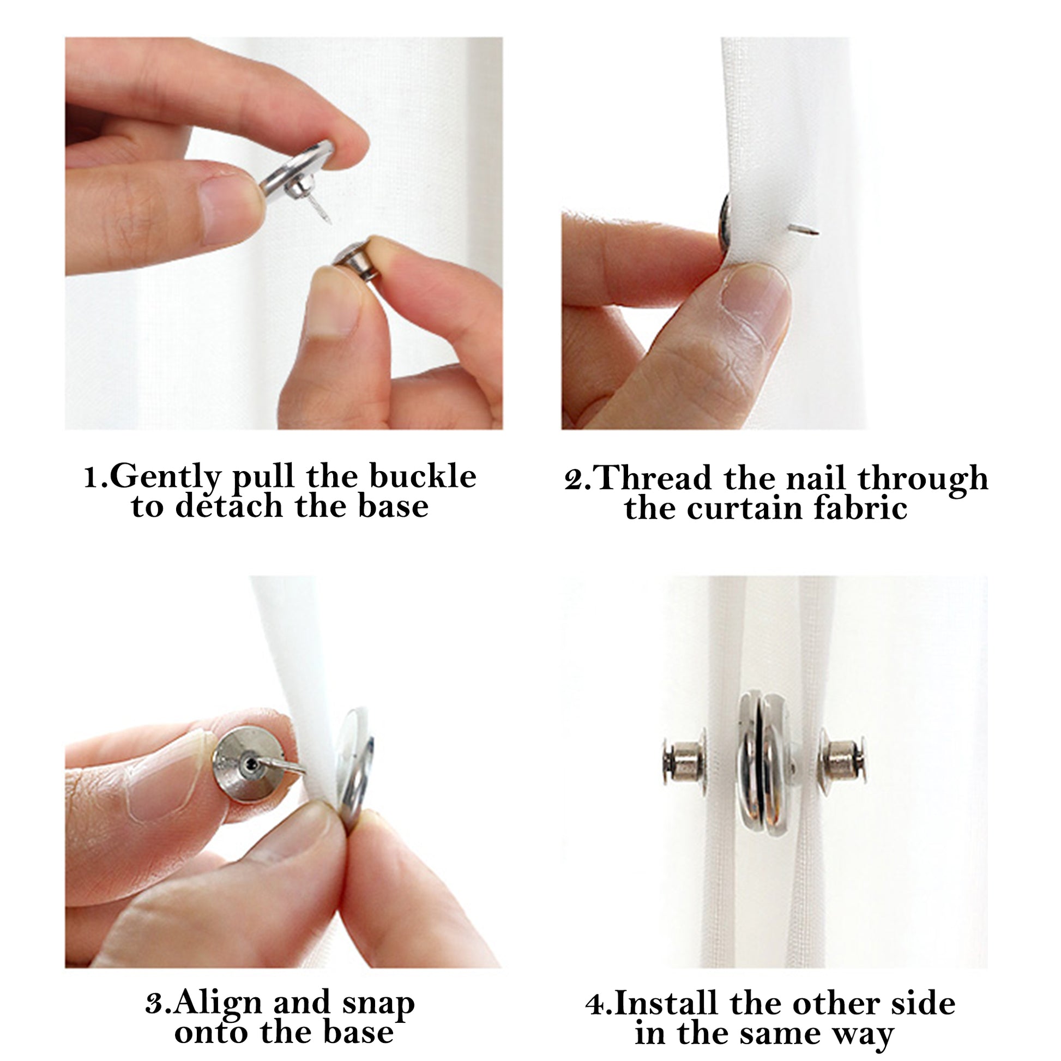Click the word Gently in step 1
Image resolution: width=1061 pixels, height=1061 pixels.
(165, 477)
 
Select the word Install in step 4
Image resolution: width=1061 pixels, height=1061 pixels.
(666, 1003)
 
